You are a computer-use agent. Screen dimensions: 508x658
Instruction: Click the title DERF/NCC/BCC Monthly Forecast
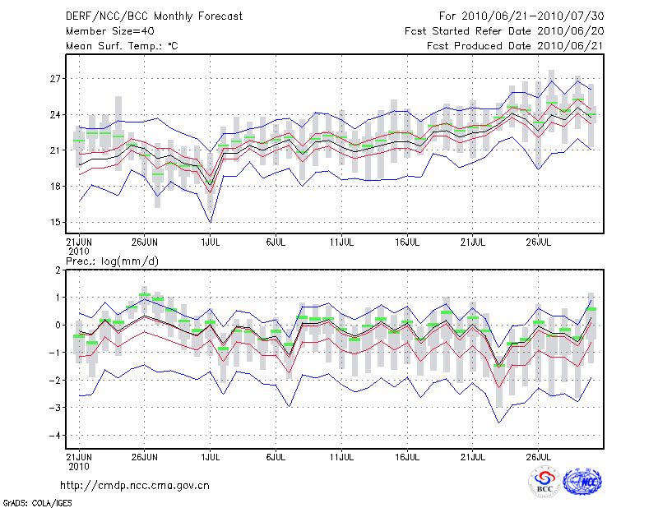coord(155,16)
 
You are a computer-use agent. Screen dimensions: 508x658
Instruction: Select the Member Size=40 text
coord(104,31)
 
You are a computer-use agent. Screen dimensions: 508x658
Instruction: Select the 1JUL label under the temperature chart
coord(210,243)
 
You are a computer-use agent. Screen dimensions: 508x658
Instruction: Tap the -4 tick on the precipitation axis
coord(55,436)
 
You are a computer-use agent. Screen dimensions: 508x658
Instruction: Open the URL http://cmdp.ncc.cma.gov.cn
coord(135,486)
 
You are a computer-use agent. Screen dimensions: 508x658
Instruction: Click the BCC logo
coord(544,483)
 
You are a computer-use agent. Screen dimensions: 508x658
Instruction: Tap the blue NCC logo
coord(582,483)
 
